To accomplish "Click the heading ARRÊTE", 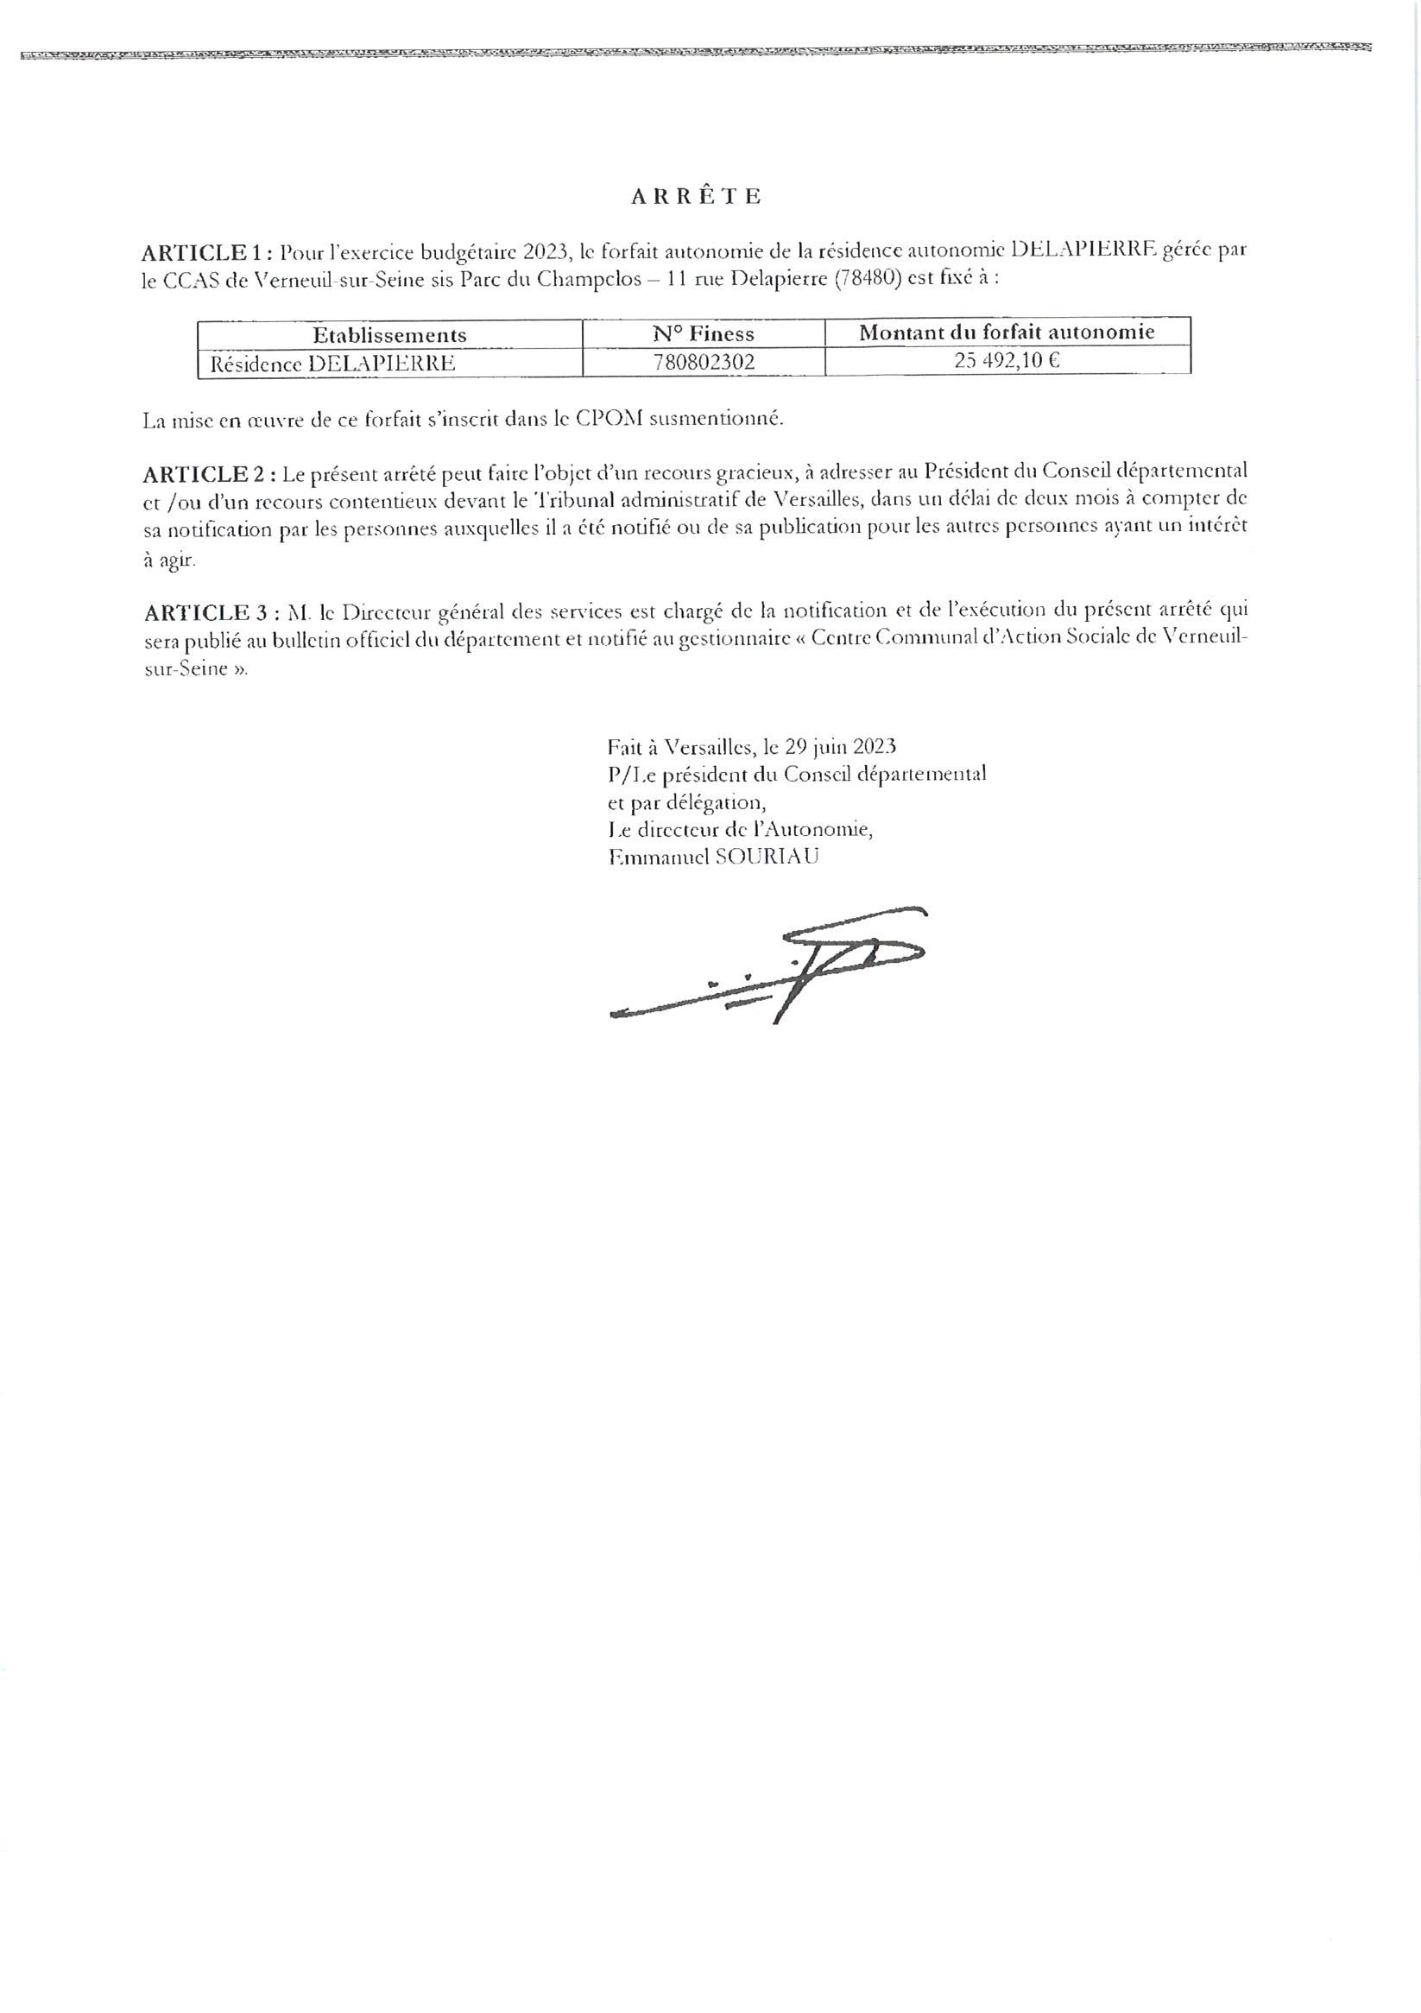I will pos(696,196).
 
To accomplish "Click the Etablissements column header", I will pos(389,335).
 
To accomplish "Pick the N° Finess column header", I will pos(703,334).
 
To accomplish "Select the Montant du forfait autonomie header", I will pos(1007,332).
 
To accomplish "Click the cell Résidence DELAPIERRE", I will pos(332,363).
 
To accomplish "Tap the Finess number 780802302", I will pos(704,362).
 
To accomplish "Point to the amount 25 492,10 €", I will pos(1007,360).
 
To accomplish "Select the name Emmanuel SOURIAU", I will pos(713,857).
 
